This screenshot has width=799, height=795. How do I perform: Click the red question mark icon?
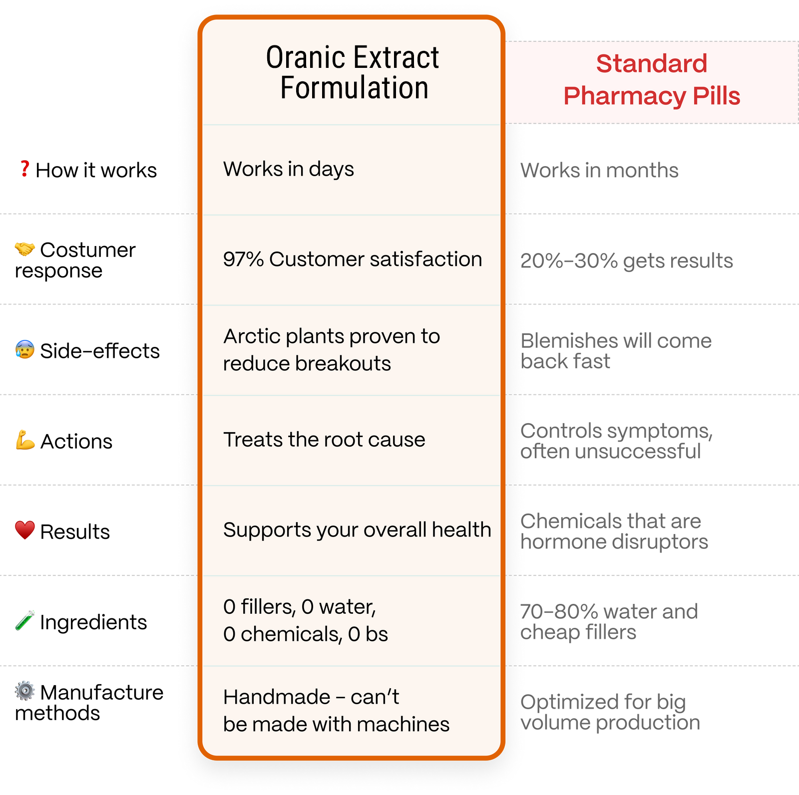(x=24, y=169)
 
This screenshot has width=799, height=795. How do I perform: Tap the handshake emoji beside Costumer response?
(x=24, y=249)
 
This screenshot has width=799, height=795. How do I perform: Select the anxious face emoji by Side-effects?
(x=25, y=350)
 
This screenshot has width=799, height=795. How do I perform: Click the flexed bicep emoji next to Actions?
(x=25, y=440)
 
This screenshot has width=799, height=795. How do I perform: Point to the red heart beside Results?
(x=25, y=530)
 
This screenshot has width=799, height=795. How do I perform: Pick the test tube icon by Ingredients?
(x=25, y=620)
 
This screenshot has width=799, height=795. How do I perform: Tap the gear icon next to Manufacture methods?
(x=25, y=691)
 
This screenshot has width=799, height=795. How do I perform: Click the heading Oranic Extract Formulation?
(x=353, y=72)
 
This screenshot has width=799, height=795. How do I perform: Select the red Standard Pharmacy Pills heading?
(x=652, y=80)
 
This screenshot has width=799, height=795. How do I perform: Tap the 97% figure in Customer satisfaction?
(x=243, y=260)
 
